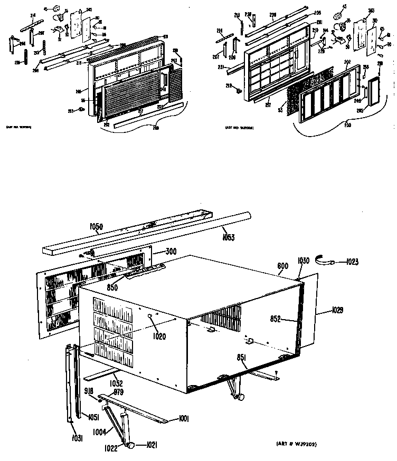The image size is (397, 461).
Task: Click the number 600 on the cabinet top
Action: pos(282,266)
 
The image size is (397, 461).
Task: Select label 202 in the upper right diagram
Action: pos(346,62)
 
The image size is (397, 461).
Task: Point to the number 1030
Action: pos(303,260)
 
